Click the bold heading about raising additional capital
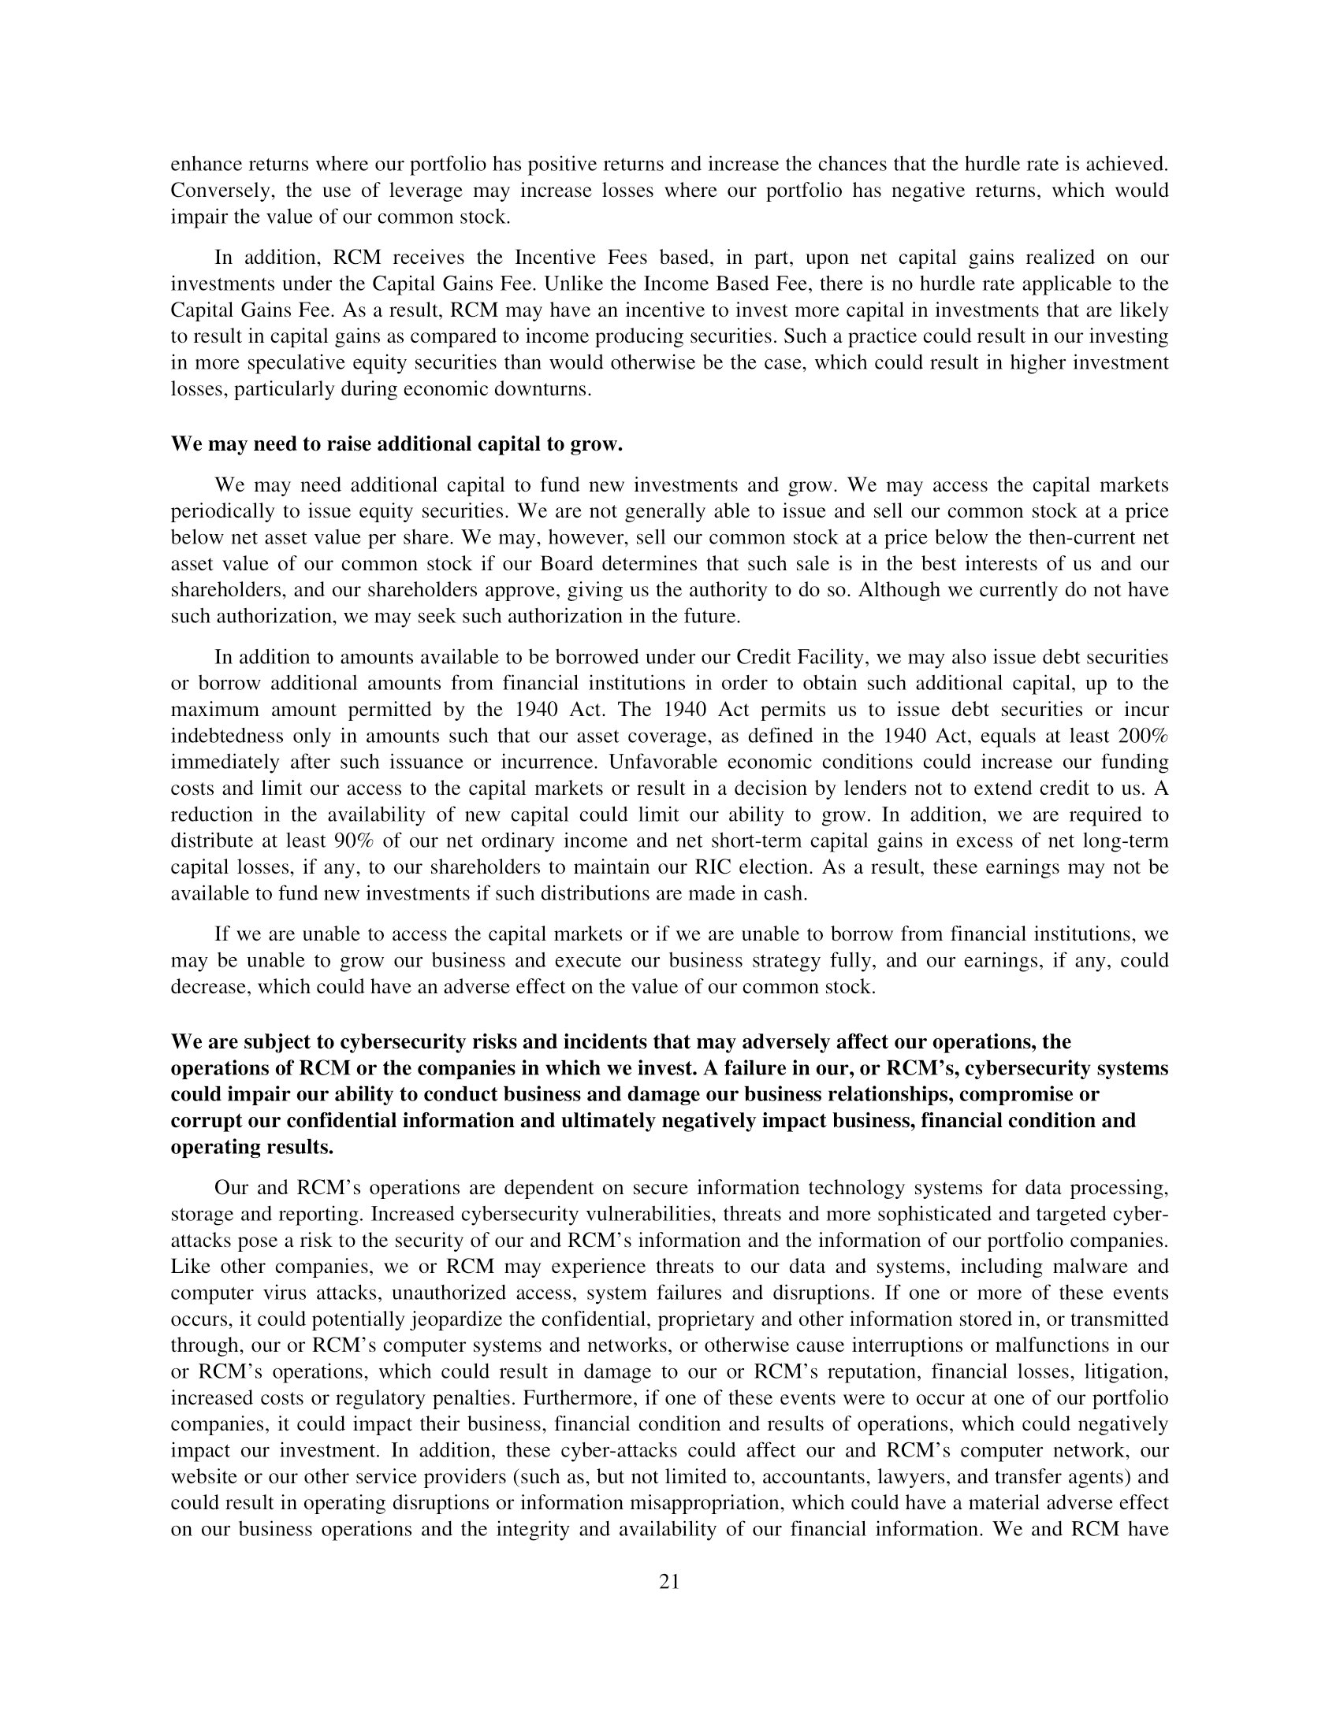point(396,443)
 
